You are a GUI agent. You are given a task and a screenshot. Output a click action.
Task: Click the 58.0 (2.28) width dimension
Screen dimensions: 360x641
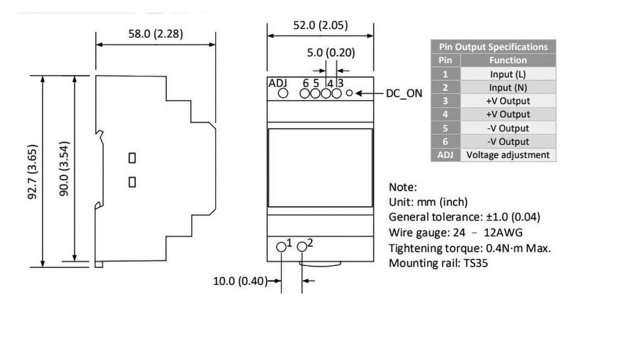point(156,34)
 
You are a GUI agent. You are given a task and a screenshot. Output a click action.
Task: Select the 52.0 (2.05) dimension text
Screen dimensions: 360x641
point(320,26)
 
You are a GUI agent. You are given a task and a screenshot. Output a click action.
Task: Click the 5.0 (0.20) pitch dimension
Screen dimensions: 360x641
point(331,53)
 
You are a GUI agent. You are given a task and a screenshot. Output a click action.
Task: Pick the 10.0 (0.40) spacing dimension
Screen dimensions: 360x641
point(240,280)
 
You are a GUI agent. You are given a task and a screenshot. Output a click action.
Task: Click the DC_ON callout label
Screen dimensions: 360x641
point(404,93)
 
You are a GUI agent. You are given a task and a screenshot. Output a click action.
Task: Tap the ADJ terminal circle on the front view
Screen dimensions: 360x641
point(282,93)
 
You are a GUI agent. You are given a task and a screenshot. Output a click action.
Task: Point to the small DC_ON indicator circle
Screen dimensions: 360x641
point(349,93)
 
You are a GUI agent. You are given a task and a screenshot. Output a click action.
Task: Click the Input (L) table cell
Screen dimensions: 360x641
point(508,74)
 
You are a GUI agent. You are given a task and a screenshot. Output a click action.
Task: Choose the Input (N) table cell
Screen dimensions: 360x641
point(508,88)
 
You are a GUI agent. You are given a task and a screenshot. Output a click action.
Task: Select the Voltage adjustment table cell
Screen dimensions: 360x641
point(508,155)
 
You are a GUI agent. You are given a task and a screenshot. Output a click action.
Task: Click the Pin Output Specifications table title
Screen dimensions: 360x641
point(493,47)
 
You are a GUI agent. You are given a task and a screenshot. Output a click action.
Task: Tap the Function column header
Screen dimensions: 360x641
point(508,60)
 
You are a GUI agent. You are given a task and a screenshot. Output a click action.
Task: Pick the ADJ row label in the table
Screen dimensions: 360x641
point(445,155)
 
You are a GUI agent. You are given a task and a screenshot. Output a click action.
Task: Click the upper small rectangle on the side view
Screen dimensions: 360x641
point(132,158)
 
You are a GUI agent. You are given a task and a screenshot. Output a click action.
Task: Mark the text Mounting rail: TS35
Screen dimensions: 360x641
point(438,263)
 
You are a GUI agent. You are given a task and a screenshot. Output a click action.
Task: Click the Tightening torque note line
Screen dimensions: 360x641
point(469,248)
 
